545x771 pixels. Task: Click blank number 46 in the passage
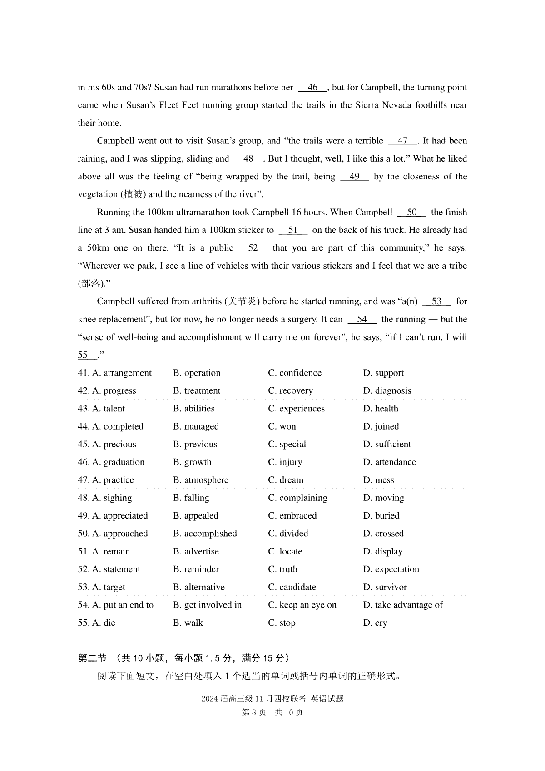312,88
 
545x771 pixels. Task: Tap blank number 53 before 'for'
436,301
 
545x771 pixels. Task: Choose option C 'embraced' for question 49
292,516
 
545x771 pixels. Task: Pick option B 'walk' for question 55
188,623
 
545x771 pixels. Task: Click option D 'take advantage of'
403,605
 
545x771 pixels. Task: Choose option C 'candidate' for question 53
292,587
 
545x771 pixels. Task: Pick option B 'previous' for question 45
195,445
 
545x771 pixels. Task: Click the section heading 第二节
92,658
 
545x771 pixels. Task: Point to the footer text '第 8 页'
254,712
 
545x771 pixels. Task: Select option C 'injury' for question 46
285,462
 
